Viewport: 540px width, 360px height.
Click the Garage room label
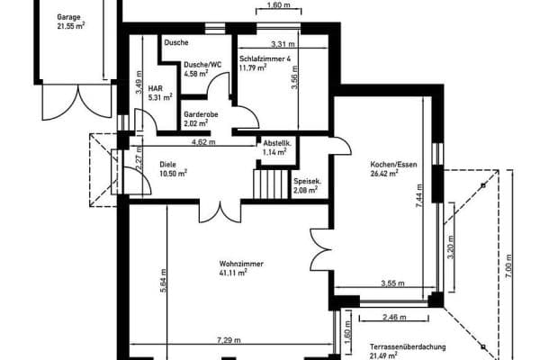(x=69, y=17)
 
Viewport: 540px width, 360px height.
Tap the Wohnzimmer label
(x=241, y=264)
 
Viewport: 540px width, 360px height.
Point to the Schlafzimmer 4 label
(x=265, y=58)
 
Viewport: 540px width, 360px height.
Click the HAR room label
(x=156, y=88)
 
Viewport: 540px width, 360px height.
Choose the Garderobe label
(x=201, y=114)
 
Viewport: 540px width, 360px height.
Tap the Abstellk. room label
(x=277, y=143)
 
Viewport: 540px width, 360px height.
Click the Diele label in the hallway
(x=167, y=165)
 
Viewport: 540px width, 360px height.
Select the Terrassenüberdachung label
(x=408, y=346)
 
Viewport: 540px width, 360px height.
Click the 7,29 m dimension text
(x=229, y=340)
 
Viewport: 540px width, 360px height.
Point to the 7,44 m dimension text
(x=419, y=195)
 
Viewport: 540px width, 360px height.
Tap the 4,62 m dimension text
(x=203, y=142)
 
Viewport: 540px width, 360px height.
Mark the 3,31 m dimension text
(x=283, y=44)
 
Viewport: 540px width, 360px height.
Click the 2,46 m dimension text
(x=394, y=317)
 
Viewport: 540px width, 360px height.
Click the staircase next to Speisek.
(x=271, y=184)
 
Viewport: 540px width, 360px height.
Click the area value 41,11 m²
(x=233, y=273)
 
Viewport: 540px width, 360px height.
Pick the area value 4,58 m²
(x=196, y=74)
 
